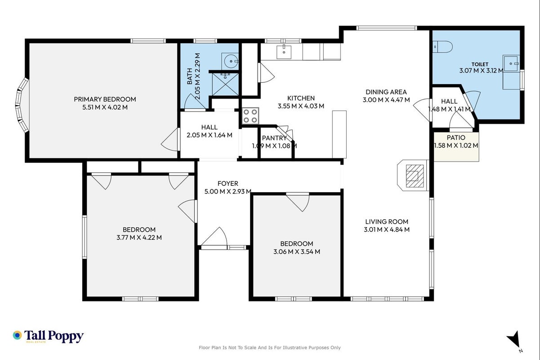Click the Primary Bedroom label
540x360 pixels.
point(105,99)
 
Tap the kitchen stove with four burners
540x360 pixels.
point(250,116)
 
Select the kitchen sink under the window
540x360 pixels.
point(284,52)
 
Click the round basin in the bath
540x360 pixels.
point(230,61)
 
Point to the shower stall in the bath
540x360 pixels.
point(225,84)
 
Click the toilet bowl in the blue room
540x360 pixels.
point(442,46)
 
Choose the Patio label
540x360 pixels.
point(456,138)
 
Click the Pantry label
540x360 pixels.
point(274,138)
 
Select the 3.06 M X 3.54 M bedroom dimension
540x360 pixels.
point(297,252)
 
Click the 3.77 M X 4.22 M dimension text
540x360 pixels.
point(139,238)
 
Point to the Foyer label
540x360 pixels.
point(228,184)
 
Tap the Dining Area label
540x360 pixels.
point(386,92)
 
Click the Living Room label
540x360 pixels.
point(387,221)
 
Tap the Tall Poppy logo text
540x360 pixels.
point(54,336)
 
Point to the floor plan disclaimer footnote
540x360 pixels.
point(269,347)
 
